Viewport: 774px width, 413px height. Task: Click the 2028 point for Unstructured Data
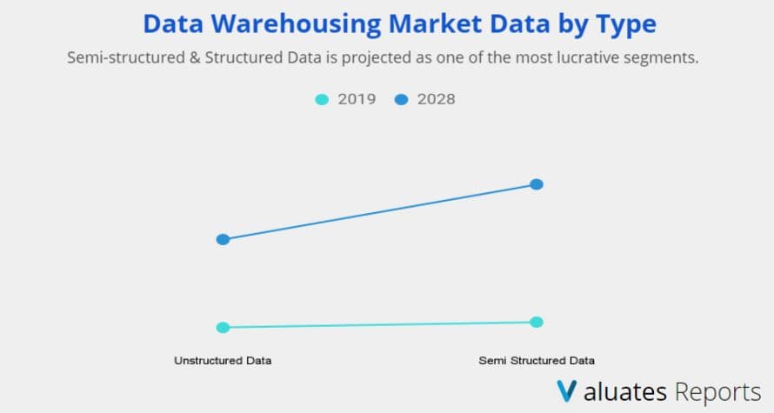tap(223, 239)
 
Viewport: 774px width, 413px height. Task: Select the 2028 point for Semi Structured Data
tap(537, 184)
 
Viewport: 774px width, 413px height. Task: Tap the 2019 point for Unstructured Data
tap(223, 328)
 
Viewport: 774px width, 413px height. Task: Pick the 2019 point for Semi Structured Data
tap(537, 323)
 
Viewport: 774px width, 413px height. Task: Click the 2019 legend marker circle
tap(322, 99)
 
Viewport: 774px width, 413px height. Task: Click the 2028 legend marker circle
tap(402, 99)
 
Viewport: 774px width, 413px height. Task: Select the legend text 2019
tap(357, 99)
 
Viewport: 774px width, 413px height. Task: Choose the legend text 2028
tap(436, 99)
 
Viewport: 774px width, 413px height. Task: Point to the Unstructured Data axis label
tap(223, 361)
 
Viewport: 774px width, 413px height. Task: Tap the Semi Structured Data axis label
tap(537, 361)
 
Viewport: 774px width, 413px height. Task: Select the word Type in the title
tap(626, 24)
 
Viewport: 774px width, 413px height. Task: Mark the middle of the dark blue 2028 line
tap(379, 211)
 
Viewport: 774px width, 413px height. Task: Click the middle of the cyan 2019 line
tap(379, 325)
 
